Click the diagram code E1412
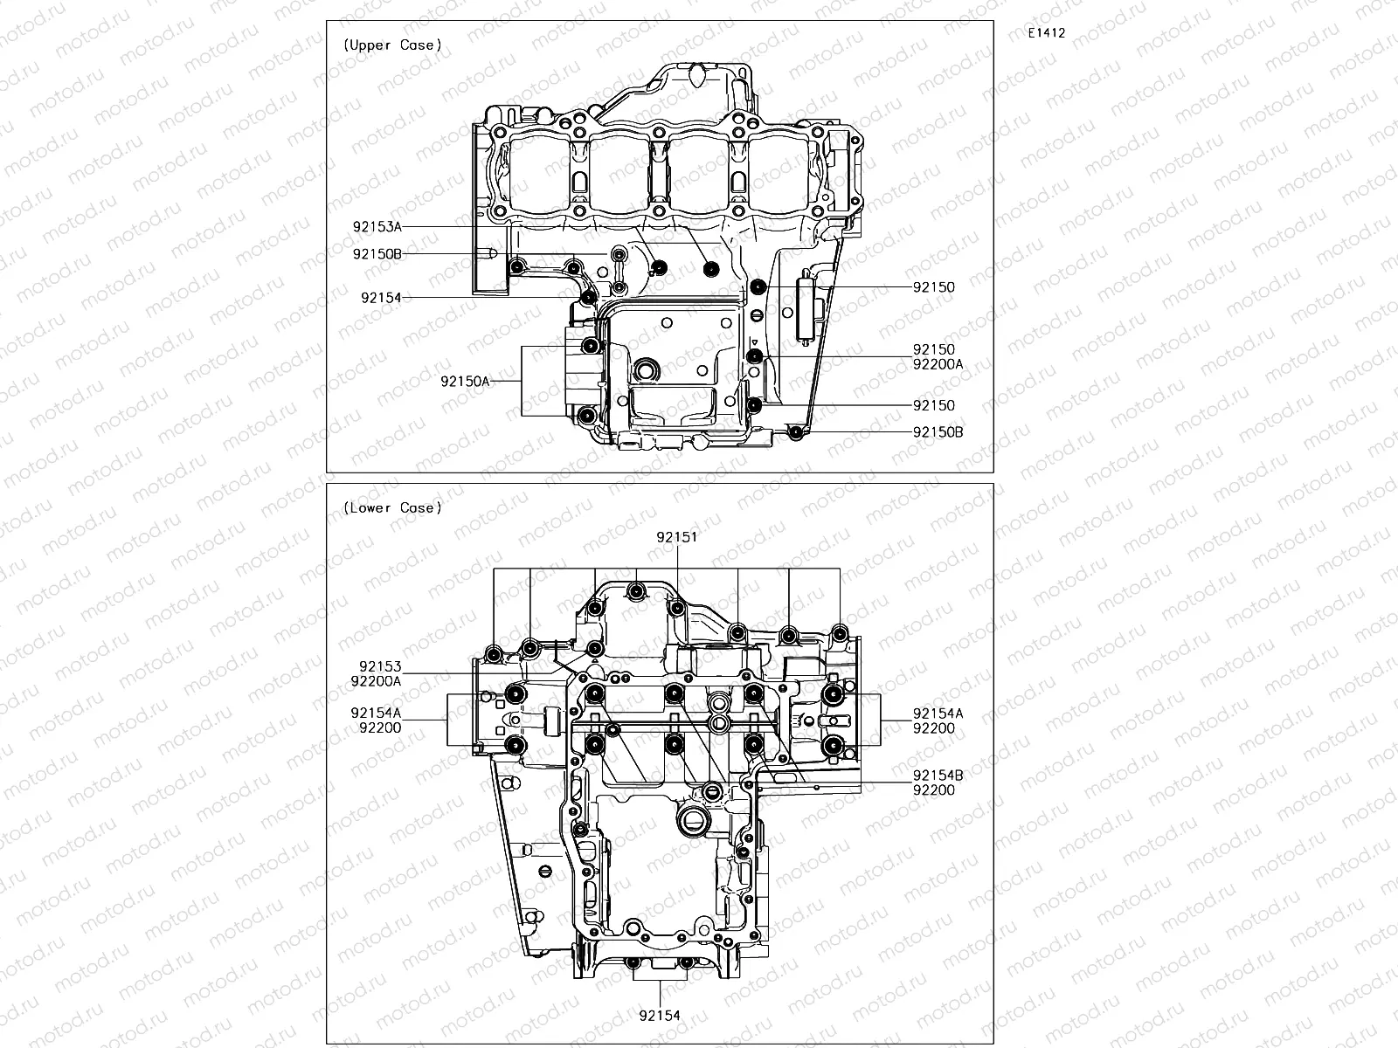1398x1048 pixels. (1046, 33)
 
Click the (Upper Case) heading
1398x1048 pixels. (392, 45)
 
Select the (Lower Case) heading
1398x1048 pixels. (392, 507)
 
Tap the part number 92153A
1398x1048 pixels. (377, 227)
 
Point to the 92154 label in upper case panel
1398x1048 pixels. (380, 298)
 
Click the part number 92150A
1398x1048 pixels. (464, 381)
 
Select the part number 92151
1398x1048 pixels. (677, 538)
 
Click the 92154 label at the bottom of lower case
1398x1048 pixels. (660, 1016)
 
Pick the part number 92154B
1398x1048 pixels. (938, 776)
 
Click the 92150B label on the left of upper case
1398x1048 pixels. (377, 254)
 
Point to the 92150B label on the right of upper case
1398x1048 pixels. (938, 432)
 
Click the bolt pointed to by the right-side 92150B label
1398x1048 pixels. (795, 432)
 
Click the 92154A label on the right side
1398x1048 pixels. (938, 714)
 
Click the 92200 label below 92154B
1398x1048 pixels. (933, 790)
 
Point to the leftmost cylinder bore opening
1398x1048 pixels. (543, 171)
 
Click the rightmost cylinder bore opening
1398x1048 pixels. (782, 171)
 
